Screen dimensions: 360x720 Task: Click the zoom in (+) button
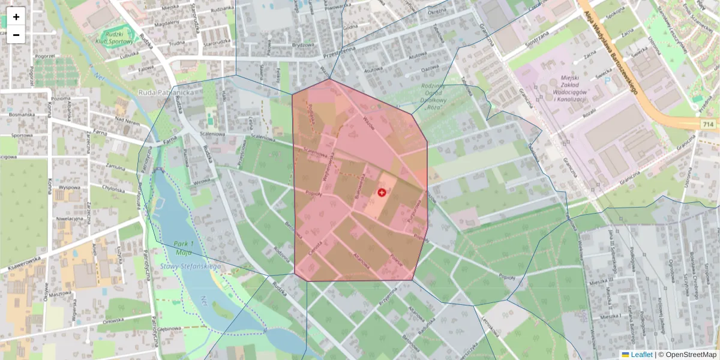16,16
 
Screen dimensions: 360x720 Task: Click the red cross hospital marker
382,192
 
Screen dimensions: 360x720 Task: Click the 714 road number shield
709,124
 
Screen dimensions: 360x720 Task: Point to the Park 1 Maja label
184,248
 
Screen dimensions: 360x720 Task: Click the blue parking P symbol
607,80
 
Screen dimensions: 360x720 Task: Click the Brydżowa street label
303,45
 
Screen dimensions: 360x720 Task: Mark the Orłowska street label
113,320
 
